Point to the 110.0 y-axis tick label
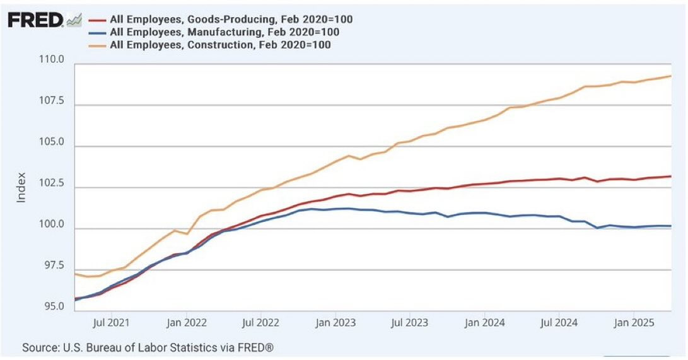click(x=52, y=60)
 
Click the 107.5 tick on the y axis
click(x=52, y=102)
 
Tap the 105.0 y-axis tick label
click(x=52, y=142)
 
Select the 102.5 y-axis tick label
click(x=52, y=183)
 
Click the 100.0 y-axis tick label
click(x=52, y=225)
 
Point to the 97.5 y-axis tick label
click(x=52, y=266)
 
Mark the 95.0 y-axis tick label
click(x=52, y=307)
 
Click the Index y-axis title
click(x=21, y=187)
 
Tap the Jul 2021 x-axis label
click(x=112, y=323)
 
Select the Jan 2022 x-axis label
click(x=187, y=323)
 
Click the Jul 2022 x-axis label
click(x=260, y=323)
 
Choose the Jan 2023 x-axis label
click(x=335, y=323)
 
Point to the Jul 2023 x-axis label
click(x=409, y=323)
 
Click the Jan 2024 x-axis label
click(x=484, y=323)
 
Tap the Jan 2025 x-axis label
click(x=633, y=323)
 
